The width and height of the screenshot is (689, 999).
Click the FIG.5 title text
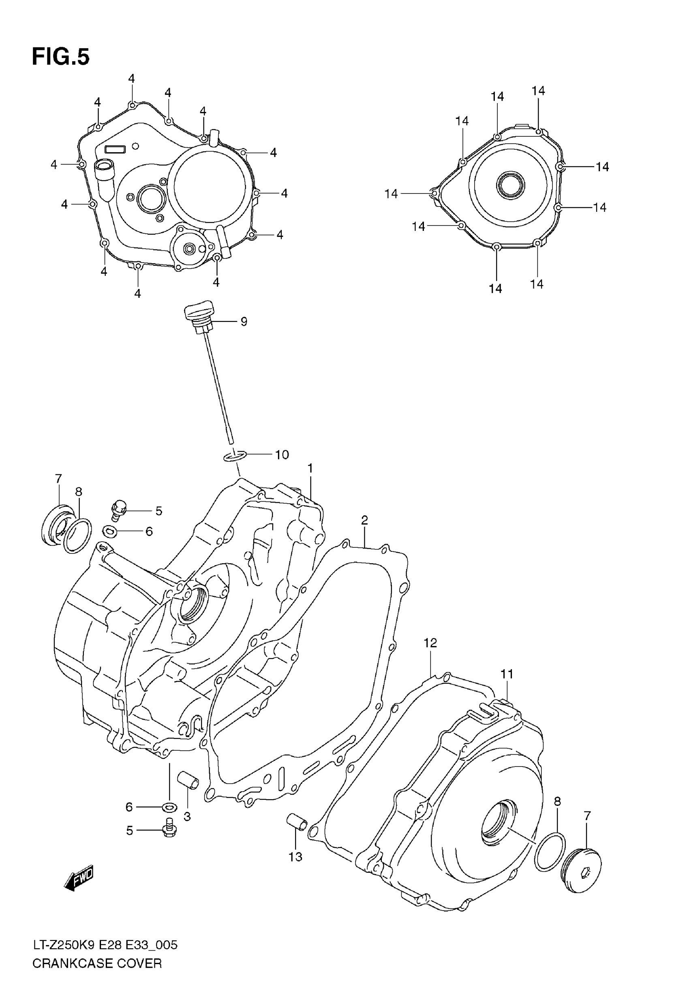click(61, 57)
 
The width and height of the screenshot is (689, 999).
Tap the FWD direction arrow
click(79, 878)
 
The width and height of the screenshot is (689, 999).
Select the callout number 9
click(244, 321)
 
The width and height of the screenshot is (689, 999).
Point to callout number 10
click(282, 454)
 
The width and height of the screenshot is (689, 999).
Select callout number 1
click(310, 468)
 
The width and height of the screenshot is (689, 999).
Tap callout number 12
click(430, 655)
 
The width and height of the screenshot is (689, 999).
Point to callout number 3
click(187, 817)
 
